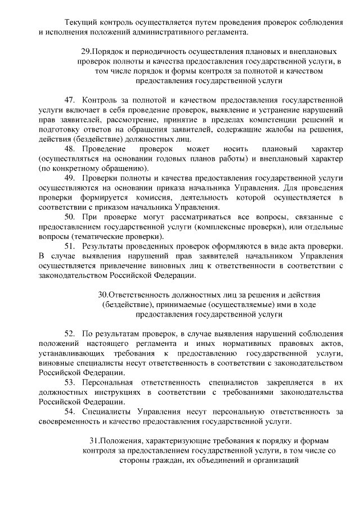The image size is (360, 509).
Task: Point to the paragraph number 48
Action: (x=70, y=148)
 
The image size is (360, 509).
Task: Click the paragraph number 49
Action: (x=70, y=178)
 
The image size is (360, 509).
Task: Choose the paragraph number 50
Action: (x=70, y=217)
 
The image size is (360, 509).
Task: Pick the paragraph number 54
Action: (x=70, y=412)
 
